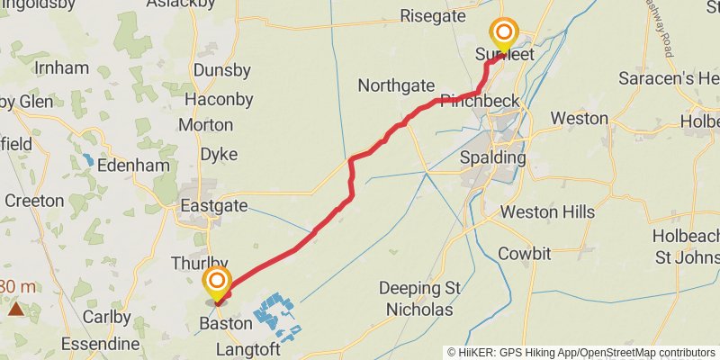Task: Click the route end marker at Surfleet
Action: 504,35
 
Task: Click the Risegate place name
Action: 432,15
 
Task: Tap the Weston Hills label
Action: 547,212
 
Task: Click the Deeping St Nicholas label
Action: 420,299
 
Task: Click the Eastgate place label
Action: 214,206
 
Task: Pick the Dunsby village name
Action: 221,68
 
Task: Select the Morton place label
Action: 205,125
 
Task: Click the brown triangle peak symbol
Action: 15,310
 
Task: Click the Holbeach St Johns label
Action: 686,246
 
